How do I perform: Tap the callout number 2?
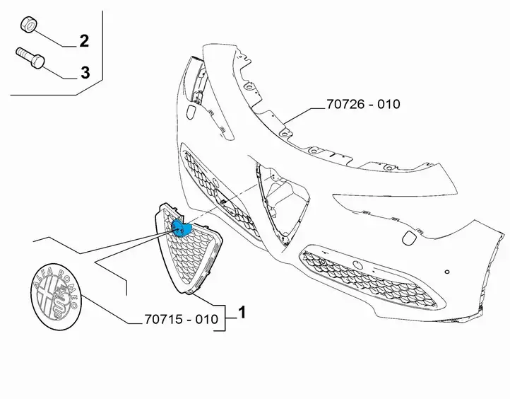click(84, 41)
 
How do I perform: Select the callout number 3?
click(85, 73)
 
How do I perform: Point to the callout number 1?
click(242, 313)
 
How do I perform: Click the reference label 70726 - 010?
click(363, 104)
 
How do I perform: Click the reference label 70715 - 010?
click(181, 319)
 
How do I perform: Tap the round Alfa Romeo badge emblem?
click(57, 296)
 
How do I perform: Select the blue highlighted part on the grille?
click(181, 228)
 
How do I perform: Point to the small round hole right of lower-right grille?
click(447, 272)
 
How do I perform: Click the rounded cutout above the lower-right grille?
click(408, 238)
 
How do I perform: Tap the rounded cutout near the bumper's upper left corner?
click(191, 112)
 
